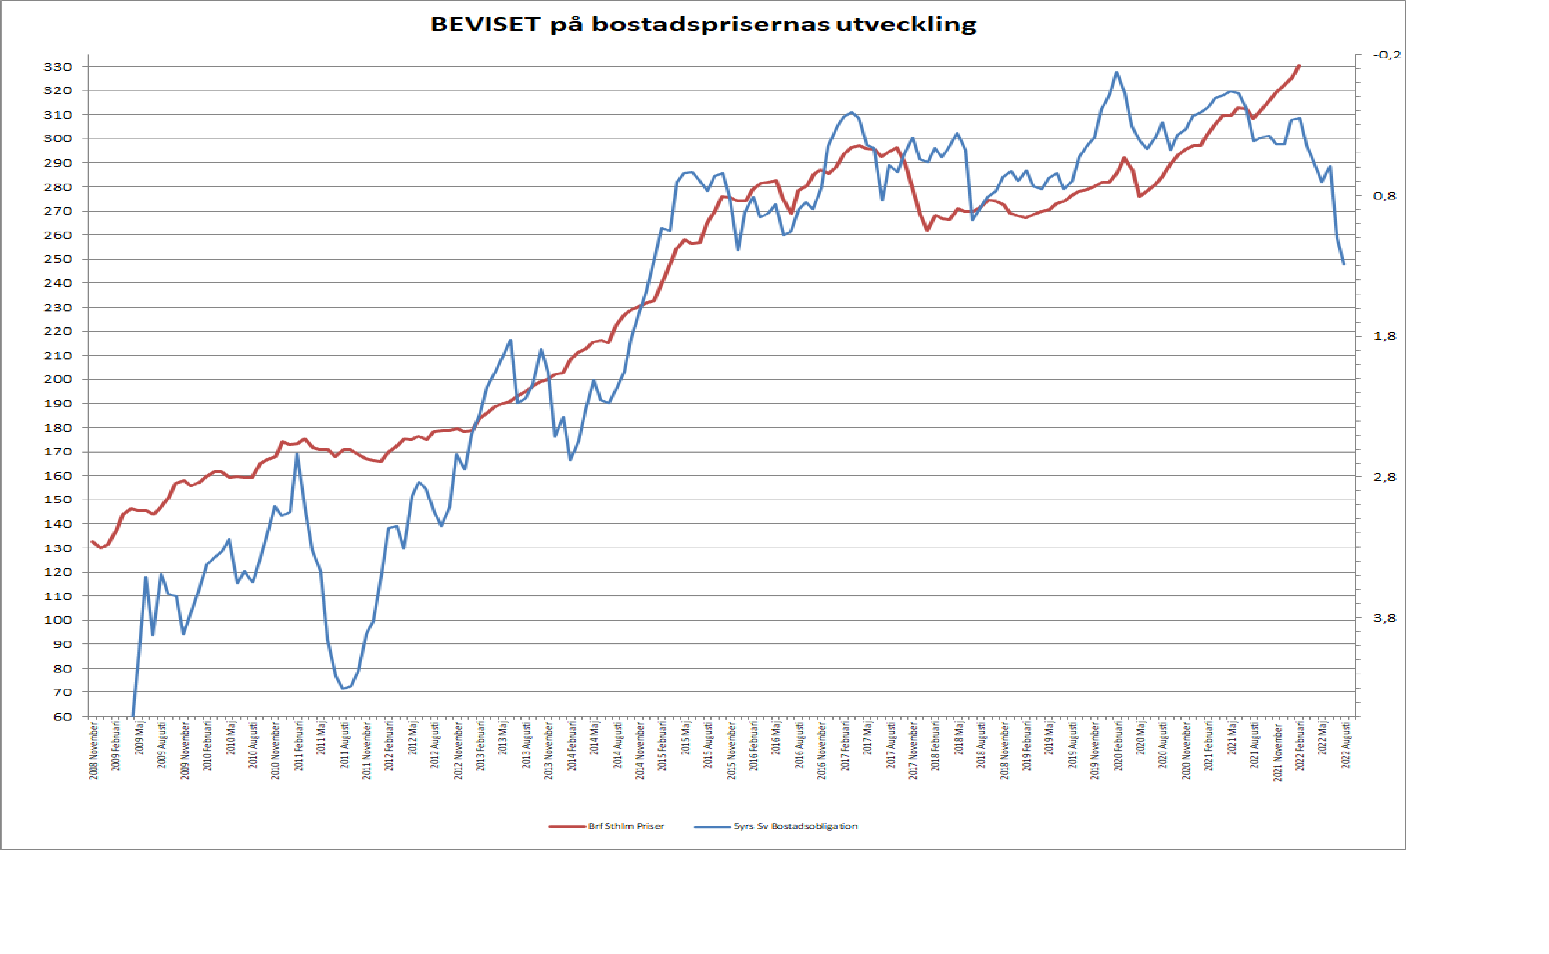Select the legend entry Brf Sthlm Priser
click(x=625, y=826)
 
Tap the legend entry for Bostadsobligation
click(x=795, y=826)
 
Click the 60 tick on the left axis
click(x=62, y=716)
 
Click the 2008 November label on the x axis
click(x=93, y=751)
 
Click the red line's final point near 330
click(x=1299, y=66)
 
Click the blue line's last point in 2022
click(x=1344, y=264)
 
